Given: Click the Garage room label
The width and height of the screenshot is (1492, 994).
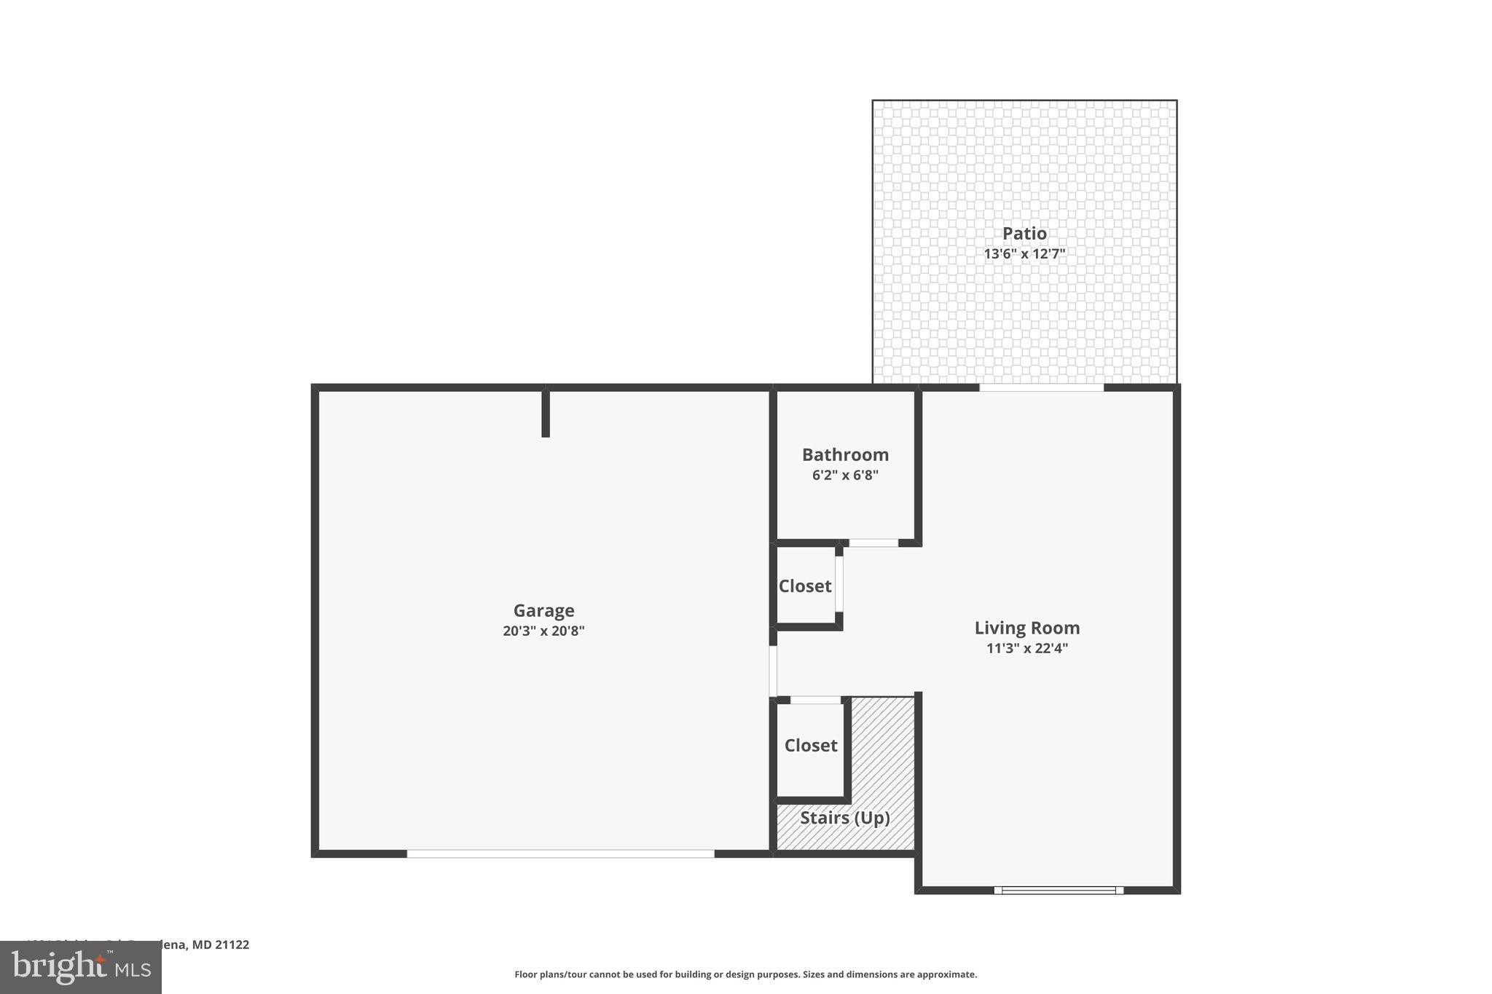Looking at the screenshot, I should (543, 610).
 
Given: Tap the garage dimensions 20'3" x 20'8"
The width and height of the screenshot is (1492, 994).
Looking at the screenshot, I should (543, 631).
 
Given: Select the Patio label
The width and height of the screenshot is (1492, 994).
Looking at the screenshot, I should (1024, 234).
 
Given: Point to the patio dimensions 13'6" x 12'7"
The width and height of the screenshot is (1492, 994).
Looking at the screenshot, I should (1024, 254).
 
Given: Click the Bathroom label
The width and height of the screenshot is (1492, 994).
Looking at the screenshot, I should (845, 455).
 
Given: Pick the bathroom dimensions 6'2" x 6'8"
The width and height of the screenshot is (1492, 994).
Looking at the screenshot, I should (845, 476).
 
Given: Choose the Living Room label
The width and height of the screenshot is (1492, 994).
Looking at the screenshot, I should (1026, 628).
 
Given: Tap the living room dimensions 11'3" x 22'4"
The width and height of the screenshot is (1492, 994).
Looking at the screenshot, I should (1026, 648).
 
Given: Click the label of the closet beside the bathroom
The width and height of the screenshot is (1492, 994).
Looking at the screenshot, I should (804, 586).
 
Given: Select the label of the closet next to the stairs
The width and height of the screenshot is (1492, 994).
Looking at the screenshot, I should (810, 746).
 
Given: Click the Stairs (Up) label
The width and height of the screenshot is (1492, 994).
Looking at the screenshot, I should (845, 818).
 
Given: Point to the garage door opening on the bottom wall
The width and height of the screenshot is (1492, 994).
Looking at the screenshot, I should (560, 853).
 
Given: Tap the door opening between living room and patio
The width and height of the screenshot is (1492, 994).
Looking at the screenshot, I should (1041, 387).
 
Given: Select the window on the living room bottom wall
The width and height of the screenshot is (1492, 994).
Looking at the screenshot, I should (1059, 890).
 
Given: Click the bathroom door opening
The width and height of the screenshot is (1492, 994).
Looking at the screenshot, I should (873, 543).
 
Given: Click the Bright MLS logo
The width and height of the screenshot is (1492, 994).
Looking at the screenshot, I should (81, 967).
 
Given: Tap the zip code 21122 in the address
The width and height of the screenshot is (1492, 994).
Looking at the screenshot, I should (232, 944).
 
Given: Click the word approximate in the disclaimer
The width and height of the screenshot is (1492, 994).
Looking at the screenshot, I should (946, 974).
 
